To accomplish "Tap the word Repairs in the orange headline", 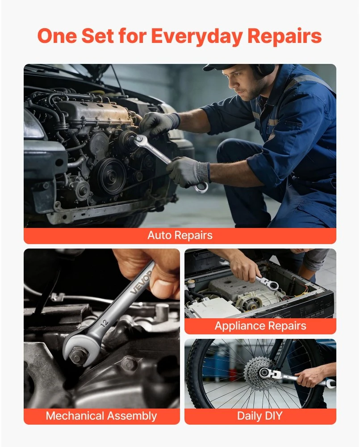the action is tap(284, 36).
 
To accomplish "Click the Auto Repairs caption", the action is tap(180, 235).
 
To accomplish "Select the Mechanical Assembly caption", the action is tap(101, 416).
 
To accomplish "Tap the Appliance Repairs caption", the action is tap(260, 325).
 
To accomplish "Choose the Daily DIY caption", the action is tap(260, 416).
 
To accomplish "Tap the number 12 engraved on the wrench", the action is tap(105, 323).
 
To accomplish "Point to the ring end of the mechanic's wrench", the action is tap(201, 187).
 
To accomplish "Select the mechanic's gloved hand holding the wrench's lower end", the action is tap(188, 171).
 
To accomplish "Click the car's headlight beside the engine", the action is tap(33, 125).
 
